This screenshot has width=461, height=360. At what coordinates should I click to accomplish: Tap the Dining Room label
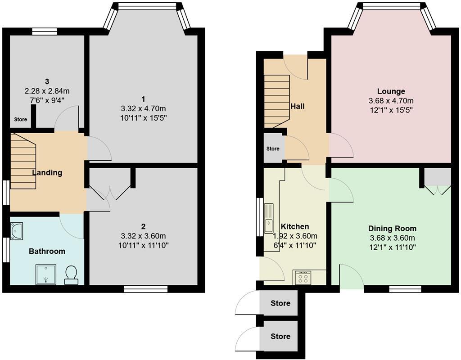click(392, 229)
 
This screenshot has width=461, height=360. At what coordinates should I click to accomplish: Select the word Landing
click(47, 172)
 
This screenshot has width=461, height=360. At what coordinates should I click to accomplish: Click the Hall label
click(297, 106)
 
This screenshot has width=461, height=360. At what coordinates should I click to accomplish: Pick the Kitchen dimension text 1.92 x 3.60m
click(295, 236)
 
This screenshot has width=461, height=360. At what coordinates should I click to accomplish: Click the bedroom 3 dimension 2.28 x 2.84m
click(47, 91)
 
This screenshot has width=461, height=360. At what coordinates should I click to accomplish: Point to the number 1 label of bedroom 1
click(143, 99)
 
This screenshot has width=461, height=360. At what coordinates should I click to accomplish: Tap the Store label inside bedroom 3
click(20, 120)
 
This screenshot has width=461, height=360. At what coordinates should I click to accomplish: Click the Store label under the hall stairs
click(273, 148)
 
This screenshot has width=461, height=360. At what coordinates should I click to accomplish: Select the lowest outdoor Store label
click(280, 337)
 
